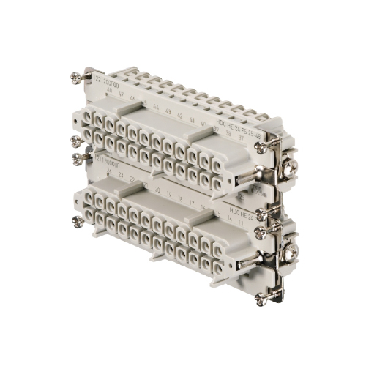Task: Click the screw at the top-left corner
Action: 76,77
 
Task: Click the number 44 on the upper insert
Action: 157,107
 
